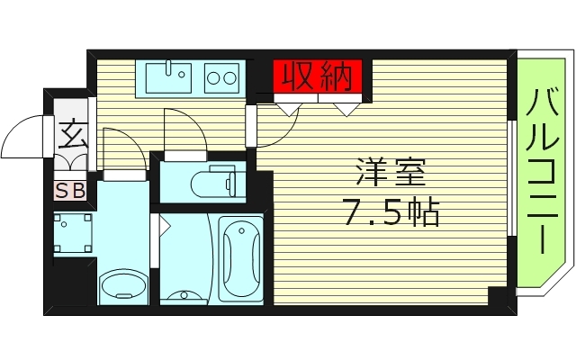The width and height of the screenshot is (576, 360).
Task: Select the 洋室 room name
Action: tap(389, 171)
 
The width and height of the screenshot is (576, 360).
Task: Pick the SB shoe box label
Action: tap(71, 191)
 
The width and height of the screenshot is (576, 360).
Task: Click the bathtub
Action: tap(238, 256)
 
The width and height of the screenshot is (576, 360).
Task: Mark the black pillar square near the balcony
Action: tap(498, 294)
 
